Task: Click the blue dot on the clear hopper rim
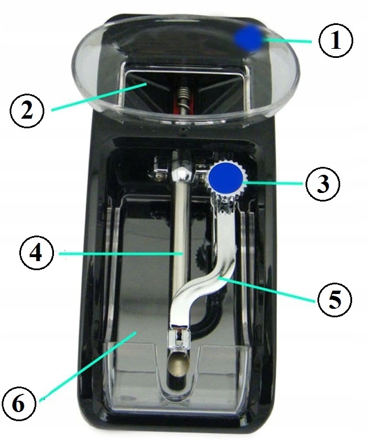click(x=249, y=39)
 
